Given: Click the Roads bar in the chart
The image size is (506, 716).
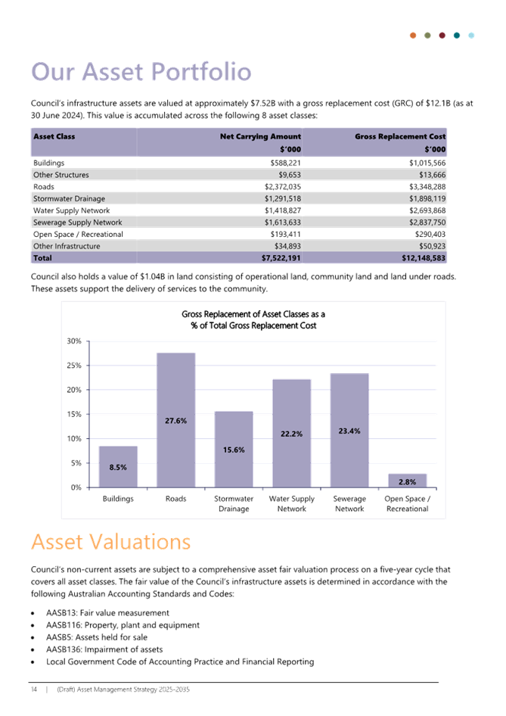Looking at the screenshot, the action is (175, 420).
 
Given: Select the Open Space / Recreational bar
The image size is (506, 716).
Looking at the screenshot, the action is (408, 481).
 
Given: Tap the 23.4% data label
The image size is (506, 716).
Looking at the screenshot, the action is (349, 431).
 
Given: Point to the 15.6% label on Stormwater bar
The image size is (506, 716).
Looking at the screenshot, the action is (234, 450).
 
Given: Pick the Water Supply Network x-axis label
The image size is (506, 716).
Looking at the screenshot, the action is (291, 503).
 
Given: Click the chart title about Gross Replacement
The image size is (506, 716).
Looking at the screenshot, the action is (253, 319).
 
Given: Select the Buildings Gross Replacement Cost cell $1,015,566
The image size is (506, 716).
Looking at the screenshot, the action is (427, 163).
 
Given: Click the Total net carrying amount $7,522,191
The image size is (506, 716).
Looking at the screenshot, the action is (281, 258).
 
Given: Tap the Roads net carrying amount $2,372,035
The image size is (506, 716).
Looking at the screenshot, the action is (283, 187).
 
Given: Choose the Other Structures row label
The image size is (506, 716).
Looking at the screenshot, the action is (61, 175).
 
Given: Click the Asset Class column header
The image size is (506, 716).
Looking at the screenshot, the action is (54, 136).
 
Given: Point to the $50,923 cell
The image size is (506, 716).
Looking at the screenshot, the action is (432, 246).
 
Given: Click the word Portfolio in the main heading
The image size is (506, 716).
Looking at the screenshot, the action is (201, 72).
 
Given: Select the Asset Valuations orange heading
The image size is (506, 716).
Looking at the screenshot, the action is (111, 542).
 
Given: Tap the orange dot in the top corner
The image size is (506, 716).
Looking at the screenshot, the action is (413, 35).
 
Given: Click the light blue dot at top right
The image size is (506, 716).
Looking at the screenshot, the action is (471, 35).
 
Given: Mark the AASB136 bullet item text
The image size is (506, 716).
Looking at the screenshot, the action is (104, 649).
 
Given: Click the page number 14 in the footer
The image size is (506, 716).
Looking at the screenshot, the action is (34, 690).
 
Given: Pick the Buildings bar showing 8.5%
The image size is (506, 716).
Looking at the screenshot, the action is (118, 467).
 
